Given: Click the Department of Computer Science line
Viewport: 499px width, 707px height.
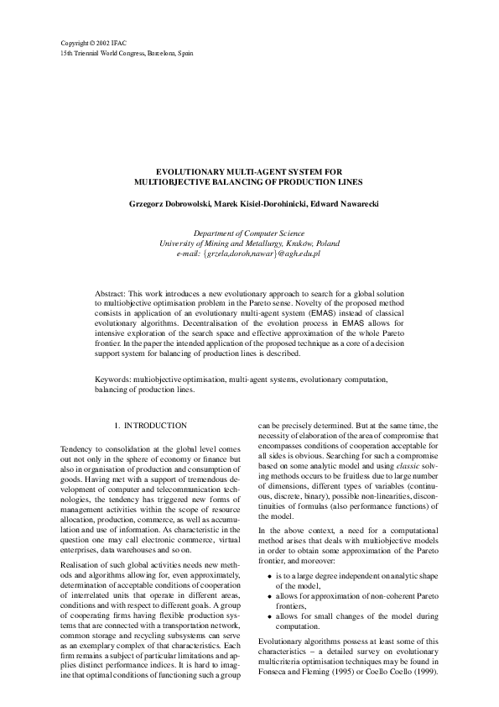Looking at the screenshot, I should click(x=249, y=233).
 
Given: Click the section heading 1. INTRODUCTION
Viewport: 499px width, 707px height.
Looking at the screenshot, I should click(x=151, y=427).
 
